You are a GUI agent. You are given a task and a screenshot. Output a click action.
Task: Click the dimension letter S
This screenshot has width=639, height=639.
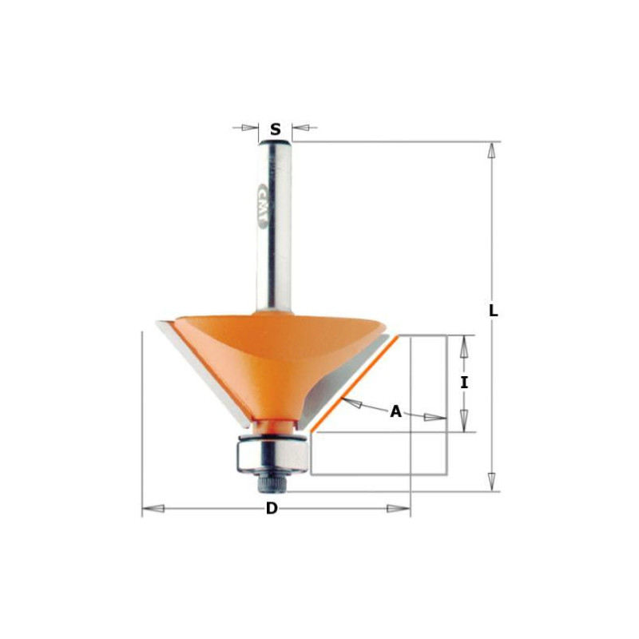click(x=276, y=129)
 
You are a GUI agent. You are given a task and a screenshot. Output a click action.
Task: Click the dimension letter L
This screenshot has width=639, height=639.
click(x=494, y=312)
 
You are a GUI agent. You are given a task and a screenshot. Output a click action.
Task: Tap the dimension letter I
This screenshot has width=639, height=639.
click(x=464, y=383)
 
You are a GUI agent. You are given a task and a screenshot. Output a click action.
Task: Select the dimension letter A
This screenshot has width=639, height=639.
click(x=395, y=412)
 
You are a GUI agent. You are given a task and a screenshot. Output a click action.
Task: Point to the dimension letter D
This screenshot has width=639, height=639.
click(x=272, y=509)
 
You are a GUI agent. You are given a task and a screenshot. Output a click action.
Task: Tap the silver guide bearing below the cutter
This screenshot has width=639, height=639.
click(x=272, y=454)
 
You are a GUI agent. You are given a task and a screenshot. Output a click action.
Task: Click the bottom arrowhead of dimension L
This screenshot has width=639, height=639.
click(x=493, y=482)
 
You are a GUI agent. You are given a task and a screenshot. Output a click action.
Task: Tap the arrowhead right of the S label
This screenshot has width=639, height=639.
click(x=301, y=127)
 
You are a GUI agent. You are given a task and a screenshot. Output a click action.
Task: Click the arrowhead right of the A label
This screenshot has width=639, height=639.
click(x=435, y=418)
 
